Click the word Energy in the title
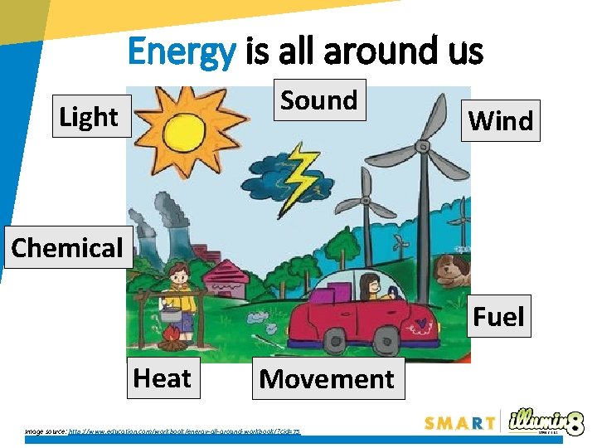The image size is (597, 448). click(x=182, y=52)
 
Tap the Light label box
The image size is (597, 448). click(x=88, y=117)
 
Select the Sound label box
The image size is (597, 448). click(x=319, y=100)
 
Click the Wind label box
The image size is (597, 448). click(x=501, y=121)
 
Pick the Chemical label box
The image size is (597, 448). click(x=67, y=247)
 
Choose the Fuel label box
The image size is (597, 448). click(x=498, y=317)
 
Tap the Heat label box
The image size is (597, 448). click(x=162, y=378)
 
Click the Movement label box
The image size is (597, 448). click(x=327, y=379)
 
